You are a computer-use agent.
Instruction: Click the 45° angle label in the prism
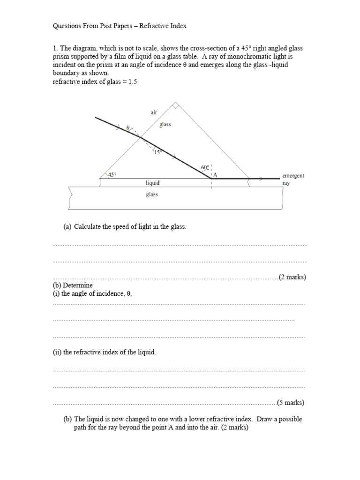tap(112, 174)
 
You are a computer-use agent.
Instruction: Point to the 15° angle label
tap(157, 152)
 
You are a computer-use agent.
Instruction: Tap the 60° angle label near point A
tap(204, 167)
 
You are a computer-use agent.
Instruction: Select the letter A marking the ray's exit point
tap(216, 175)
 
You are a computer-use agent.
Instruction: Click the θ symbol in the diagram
tap(127, 127)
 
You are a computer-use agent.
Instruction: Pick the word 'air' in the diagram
tap(154, 112)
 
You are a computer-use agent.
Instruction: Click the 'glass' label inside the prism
tap(165, 125)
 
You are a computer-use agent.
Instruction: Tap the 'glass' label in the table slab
tap(152, 195)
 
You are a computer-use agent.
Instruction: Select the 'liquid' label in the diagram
tap(152, 183)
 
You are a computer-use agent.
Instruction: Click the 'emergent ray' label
tap(293, 179)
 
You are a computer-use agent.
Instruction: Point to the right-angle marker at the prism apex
tap(175, 106)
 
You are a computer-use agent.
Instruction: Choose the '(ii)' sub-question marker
tap(57, 352)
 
